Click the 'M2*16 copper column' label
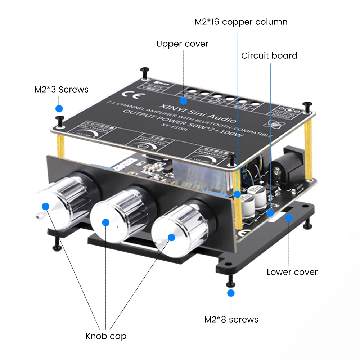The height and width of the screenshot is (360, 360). pos(241,22)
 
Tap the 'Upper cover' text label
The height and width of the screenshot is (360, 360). pos(182,44)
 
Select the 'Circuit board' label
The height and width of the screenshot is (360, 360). pos(269,56)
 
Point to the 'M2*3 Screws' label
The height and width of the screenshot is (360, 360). pos(61,89)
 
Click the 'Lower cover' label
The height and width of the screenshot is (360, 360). pos(292,272)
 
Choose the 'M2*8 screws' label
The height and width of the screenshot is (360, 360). pos(231,319)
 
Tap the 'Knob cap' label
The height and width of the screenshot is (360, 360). pos(106,336)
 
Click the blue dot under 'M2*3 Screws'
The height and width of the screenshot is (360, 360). pos(59,108)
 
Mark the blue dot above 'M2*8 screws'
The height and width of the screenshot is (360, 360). pos(231,293)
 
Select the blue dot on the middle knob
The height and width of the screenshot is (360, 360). pos(105,222)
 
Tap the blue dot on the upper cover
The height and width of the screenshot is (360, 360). pos(183,100)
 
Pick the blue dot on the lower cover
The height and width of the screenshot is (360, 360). pos(288,217)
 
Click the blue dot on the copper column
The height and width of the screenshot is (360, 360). pos(237,194)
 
